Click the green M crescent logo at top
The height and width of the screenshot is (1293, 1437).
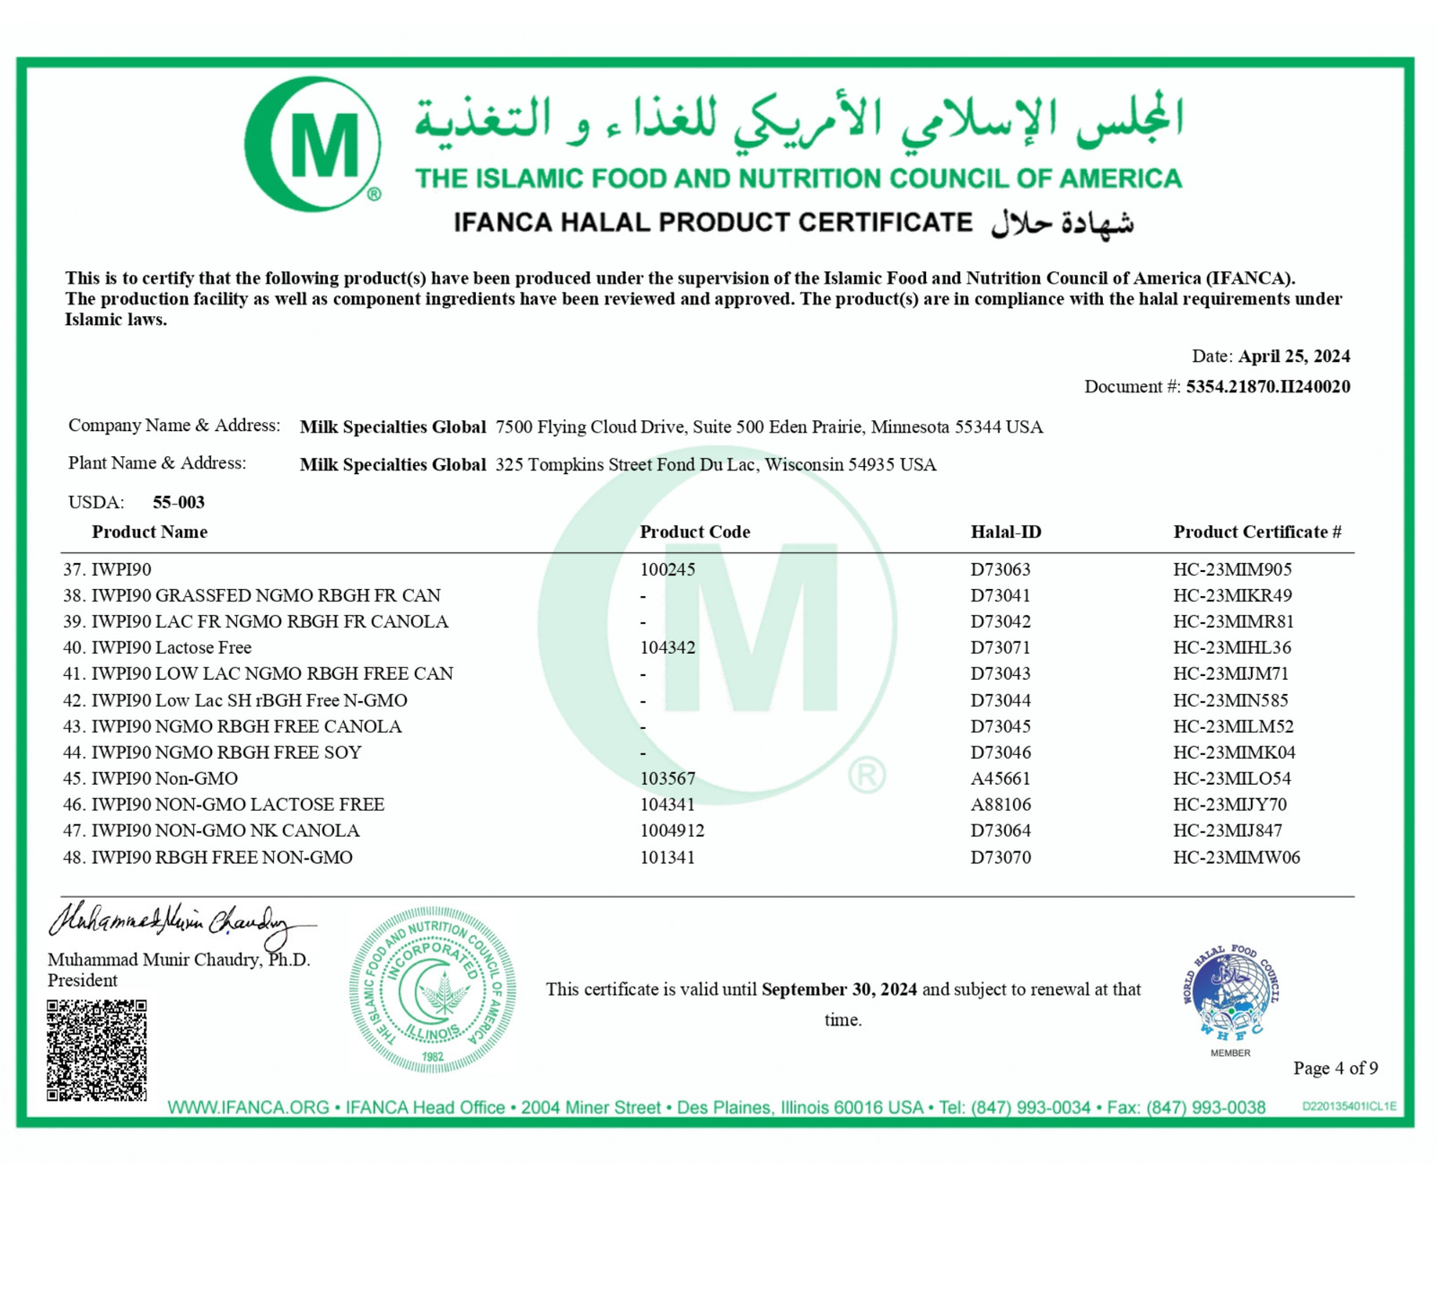pos(312,144)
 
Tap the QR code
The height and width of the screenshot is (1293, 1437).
pos(97,1050)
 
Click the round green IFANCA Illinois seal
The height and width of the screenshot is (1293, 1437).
pos(432,990)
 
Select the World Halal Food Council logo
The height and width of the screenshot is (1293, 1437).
pos(1230,997)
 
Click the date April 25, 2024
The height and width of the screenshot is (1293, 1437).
pos(1293,356)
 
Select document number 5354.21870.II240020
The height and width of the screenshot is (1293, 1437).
pos(1267,387)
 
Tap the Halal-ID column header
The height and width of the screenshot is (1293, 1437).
pos(1006,532)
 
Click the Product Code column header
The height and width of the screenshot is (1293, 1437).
pos(694,532)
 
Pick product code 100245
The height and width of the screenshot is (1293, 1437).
pos(667,569)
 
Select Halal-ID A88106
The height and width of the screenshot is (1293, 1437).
pos(1001,805)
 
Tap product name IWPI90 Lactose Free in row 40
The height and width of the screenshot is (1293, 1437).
pos(172,647)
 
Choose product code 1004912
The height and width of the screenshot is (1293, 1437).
pos(672,831)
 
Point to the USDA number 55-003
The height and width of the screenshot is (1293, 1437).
pos(179,502)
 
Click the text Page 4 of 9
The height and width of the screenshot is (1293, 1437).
pos(1335,1068)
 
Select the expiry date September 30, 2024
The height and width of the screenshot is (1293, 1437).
pos(839,990)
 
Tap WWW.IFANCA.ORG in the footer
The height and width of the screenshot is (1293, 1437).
pos(248,1108)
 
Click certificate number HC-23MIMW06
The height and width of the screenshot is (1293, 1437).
pos(1236,858)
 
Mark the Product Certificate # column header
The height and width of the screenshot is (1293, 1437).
pos(1256,532)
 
